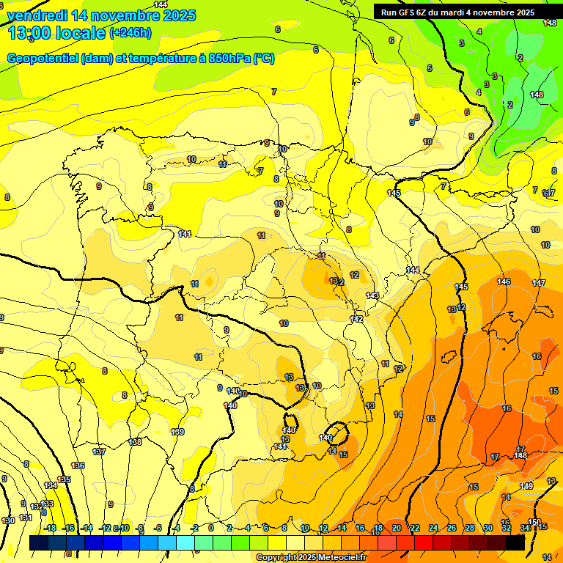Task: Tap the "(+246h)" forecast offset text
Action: click(130, 33)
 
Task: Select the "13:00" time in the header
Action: click(29, 33)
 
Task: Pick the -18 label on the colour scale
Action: click(49, 528)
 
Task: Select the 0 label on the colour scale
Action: click(211, 528)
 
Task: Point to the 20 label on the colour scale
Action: click(397, 528)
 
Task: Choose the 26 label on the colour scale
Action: click(452, 528)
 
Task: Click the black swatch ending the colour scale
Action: click(515, 543)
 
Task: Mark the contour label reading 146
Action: click(504, 282)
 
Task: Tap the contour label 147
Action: click(539, 283)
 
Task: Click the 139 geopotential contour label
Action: click(177, 432)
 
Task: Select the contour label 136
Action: click(78, 466)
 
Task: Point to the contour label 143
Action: click(372, 296)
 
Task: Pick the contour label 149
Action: click(526, 486)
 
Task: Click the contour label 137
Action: click(99, 452)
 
